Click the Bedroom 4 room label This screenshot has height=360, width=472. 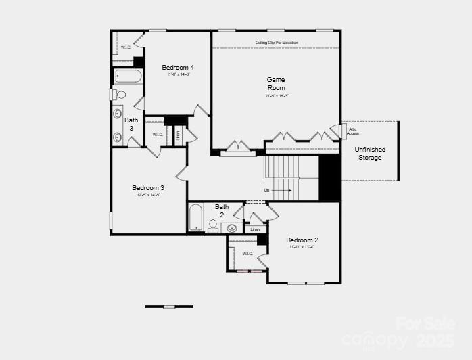[x=178, y=68]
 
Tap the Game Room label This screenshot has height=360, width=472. [x=276, y=83]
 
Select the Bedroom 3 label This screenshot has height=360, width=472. [x=148, y=187]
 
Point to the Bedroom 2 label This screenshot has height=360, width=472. [x=302, y=240]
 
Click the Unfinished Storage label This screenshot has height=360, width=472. [x=370, y=153]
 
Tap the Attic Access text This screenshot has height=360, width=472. [x=353, y=131]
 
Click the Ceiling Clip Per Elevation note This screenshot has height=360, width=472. [x=277, y=43]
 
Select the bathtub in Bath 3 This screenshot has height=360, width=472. [x=128, y=76]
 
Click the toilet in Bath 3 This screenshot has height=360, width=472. [x=120, y=95]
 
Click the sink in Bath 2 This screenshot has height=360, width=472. [x=231, y=228]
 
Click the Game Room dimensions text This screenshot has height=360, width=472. [x=276, y=96]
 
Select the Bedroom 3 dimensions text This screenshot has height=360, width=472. [x=148, y=195]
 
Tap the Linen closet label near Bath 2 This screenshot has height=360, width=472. [x=255, y=229]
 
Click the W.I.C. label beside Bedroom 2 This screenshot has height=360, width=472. [x=247, y=254]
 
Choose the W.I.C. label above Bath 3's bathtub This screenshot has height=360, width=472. [x=126, y=47]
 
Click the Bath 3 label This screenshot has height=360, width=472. [x=132, y=124]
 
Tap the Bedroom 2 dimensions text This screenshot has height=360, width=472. [x=302, y=247]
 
